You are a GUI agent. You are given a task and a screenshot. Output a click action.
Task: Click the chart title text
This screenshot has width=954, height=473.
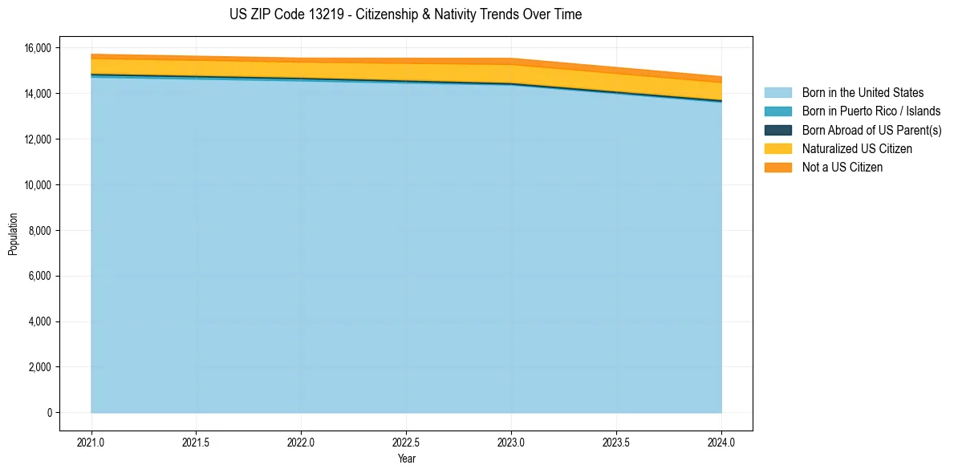point(405,14)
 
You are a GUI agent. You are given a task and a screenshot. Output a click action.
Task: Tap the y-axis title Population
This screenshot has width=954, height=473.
point(13,234)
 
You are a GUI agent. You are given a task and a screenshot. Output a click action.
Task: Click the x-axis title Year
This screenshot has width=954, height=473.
point(406,459)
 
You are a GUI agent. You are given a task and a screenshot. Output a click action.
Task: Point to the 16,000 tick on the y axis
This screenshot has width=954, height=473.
point(37,48)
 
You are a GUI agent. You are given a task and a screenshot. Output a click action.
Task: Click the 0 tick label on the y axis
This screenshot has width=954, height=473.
point(50,413)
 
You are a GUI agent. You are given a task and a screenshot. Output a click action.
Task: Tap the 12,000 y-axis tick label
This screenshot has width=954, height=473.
point(37,139)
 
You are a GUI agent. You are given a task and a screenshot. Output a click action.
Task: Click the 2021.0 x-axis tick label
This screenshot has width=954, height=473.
point(91,442)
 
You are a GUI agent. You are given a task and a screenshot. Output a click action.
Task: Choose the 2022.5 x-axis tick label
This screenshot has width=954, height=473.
point(406,442)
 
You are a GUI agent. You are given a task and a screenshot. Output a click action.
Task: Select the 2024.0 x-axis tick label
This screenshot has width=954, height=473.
point(721,442)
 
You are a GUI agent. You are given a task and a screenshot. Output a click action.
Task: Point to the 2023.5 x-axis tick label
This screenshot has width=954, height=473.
point(616,442)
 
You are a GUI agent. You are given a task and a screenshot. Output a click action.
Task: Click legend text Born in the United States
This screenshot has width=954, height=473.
point(863,93)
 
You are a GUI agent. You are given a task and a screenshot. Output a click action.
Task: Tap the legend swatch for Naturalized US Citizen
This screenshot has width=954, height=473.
point(777,149)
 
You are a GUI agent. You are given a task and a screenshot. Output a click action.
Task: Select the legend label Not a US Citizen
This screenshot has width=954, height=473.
point(842,168)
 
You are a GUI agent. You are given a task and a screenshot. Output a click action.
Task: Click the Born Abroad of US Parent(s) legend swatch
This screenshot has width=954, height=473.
point(777,130)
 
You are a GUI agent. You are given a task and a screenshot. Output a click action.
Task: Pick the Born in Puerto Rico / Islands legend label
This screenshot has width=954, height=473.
point(871,111)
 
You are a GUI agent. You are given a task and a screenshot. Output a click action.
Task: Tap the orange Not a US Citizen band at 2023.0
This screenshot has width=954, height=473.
point(511,62)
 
